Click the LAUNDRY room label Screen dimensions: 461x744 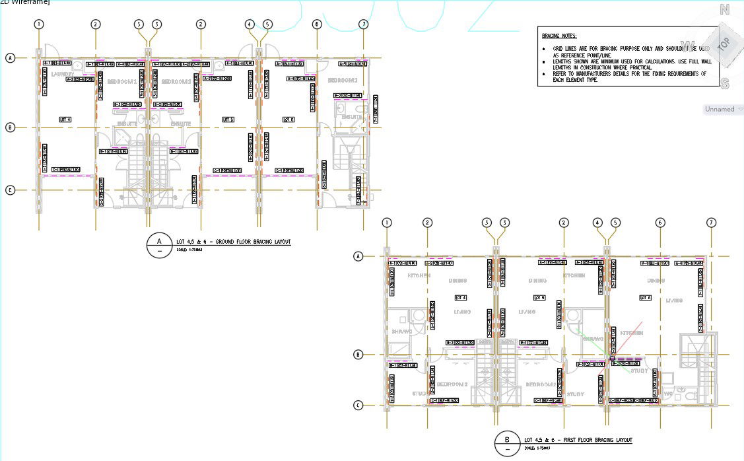(61, 74)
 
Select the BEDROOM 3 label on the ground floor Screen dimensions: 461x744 (343, 80)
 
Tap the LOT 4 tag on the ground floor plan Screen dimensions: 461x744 (65, 120)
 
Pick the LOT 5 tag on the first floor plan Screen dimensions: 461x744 (539, 298)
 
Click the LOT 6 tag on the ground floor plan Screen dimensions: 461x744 (288, 120)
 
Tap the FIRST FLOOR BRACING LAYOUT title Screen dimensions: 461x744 (578, 440)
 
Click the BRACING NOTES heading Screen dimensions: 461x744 (559, 36)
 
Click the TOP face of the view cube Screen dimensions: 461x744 (724, 44)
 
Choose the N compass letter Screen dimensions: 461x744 (724, 10)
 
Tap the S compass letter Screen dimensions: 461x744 (724, 83)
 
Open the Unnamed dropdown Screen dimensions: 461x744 (724, 109)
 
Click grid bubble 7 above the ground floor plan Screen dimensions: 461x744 (363, 24)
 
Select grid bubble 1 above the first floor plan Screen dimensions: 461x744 (387, 223)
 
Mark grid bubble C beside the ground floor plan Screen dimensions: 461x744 (10, 190)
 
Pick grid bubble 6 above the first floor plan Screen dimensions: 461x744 (660, 223)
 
